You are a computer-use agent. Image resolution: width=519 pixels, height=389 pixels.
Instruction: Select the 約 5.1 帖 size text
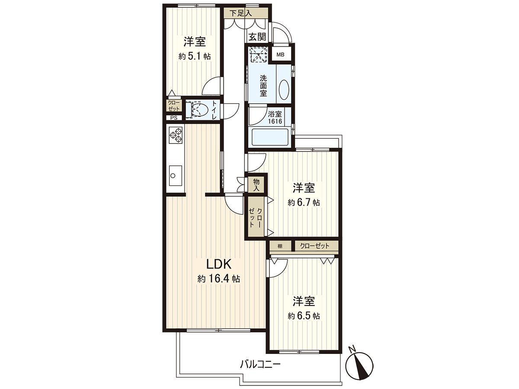[x=194, y=56]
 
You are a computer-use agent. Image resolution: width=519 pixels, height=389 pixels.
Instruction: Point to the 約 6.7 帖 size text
[x=304, y=202]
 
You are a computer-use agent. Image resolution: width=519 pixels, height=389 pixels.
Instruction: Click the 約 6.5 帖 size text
[x=304, y=316]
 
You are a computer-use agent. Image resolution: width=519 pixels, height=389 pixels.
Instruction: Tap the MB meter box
[x=280, y=54]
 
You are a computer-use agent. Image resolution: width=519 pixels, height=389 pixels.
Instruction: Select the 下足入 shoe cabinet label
[x=241, y=13]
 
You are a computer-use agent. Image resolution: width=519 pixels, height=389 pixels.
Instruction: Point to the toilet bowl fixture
[x=198, y=109]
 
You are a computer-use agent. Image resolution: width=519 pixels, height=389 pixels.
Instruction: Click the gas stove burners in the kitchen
[x=175, y=135]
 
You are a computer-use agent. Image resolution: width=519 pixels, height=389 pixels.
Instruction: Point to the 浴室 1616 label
[x=275, y=118]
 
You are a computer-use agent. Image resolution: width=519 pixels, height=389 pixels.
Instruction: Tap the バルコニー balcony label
[x=260, y=364]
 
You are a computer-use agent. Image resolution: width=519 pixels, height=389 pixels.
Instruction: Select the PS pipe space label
[x=173, y=118]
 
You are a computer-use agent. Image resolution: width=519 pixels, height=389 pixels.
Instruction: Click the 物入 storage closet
[x=256, y=184]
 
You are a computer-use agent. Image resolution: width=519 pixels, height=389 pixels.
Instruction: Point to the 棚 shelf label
[x=280, y=246]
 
